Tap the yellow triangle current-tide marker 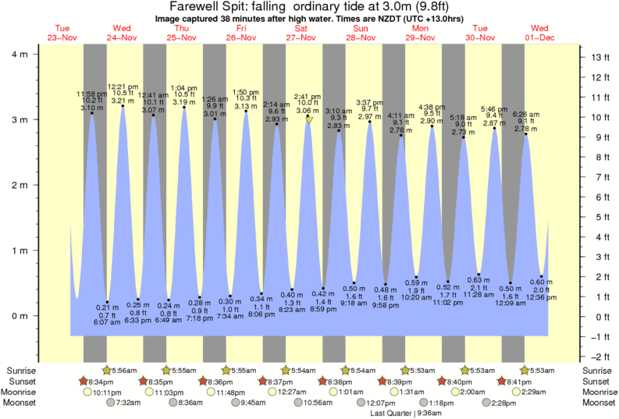(309, 119)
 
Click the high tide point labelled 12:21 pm (123, 106)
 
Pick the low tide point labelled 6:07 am (108, 302)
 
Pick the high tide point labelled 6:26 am (526, 135)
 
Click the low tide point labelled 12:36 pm (541, 276)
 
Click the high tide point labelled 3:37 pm (369, 122)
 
